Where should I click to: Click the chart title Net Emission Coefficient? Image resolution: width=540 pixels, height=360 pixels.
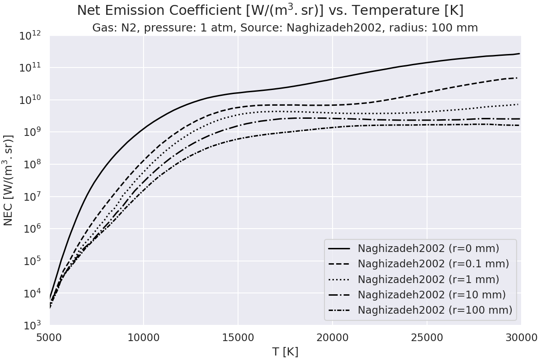tap(270, 10)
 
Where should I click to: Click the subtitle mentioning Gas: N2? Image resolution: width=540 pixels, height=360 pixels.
tap(285, 28)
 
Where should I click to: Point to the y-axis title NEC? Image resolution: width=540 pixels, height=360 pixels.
tap(9, 180)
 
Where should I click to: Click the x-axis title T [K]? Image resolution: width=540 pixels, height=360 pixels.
tap(285, 351)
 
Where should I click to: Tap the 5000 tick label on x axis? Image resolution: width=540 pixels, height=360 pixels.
tap(49, 337)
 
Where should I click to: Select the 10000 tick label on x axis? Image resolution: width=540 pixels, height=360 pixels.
tap(144, 337)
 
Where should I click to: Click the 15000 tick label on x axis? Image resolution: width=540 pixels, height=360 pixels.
tap(238, 337)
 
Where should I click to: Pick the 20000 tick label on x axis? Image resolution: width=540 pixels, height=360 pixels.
tap(332, 337)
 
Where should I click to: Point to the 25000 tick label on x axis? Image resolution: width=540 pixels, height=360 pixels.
tap(427, 337)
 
